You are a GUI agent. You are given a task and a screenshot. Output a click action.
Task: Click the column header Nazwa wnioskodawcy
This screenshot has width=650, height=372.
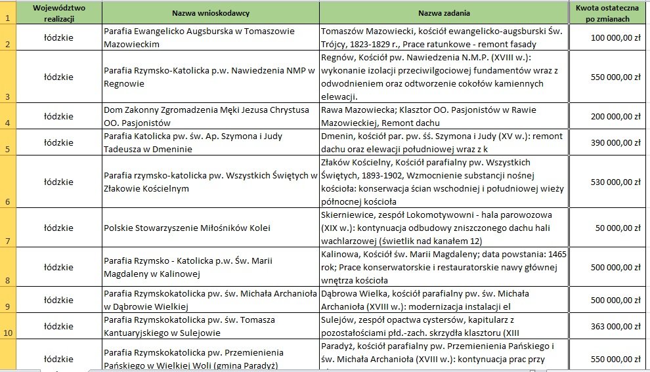tap(210, 13)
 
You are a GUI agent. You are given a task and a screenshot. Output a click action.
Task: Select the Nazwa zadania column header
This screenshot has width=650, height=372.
tap(444, 13)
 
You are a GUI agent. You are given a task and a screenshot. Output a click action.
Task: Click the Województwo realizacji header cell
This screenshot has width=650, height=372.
tap(59, 13)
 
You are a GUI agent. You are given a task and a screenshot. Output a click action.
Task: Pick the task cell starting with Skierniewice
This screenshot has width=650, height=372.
tap(444, 228)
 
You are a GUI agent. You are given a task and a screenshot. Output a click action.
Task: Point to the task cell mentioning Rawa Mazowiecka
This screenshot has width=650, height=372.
tap(444, 116)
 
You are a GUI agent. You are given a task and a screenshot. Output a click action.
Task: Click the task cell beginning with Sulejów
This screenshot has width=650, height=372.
tap(444, 326)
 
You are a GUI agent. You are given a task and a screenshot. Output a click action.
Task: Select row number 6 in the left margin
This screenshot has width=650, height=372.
tap(8, 201)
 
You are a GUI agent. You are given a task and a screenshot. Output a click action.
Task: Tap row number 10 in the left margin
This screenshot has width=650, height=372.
tap(8, 332)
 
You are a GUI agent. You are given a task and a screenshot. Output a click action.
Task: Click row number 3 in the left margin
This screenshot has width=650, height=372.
tap(8, 96)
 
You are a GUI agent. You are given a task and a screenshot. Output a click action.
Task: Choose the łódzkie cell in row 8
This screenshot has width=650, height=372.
tap(59, 267)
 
